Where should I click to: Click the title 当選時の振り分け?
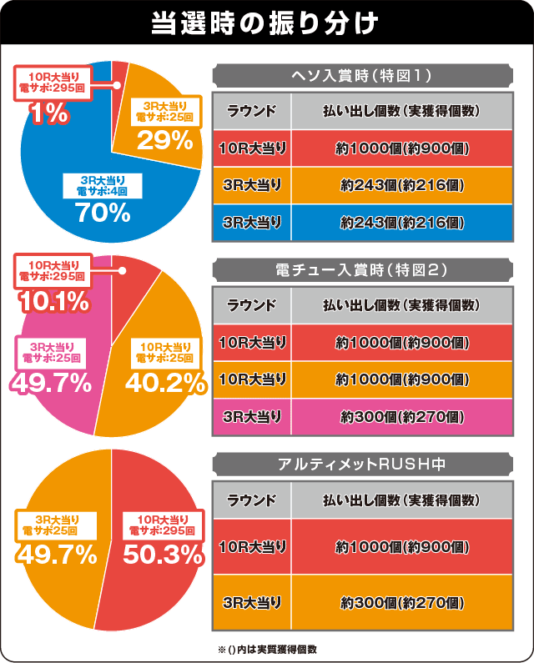pos(266,23)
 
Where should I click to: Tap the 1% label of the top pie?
pos(49,113)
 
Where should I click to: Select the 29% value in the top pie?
pos(166,140)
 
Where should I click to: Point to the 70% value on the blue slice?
pos(103,213)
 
